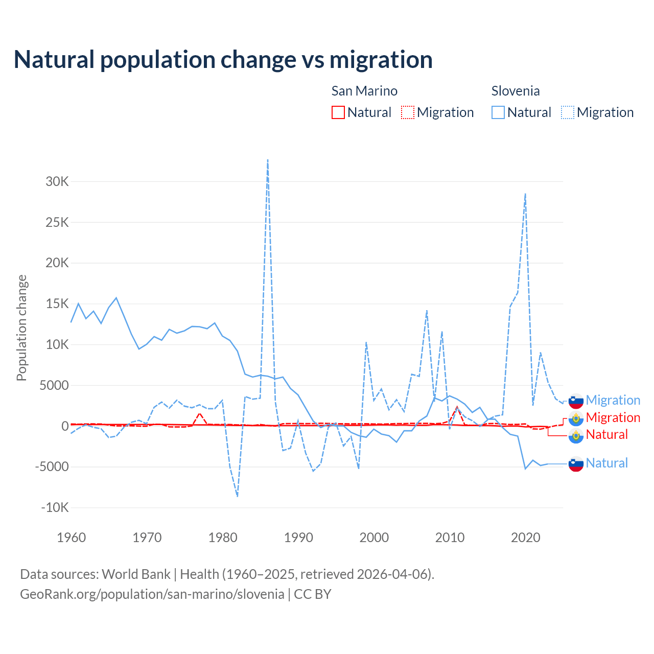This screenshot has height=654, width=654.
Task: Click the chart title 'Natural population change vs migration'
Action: (223, 59)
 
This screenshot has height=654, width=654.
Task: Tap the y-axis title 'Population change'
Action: (21, 328)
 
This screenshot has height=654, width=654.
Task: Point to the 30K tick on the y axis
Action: (57, 181)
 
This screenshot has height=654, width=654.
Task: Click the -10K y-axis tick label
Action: (55, 507)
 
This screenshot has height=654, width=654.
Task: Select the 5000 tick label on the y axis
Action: (54, 385)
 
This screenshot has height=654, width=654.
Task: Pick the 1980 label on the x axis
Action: (223, 538)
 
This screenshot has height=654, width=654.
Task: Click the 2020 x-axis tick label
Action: (525, 538)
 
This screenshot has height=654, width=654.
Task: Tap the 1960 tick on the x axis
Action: (72, 538)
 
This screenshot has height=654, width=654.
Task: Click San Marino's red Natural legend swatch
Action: (338, 112)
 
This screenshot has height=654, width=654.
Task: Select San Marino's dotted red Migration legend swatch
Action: (408, 112)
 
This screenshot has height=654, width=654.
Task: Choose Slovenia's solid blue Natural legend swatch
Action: (498, 112)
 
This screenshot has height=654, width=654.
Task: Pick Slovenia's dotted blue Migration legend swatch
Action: (568, 112)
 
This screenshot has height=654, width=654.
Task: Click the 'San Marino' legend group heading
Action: (364, 91)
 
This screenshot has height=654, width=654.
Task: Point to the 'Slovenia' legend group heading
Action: (516, 91)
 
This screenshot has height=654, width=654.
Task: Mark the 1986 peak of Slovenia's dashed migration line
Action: (268, 160)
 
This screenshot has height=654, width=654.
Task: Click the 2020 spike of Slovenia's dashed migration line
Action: (525, 194)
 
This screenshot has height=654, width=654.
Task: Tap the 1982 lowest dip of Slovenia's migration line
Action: (238, 496)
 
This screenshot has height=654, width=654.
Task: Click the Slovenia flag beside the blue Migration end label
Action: (576, 401)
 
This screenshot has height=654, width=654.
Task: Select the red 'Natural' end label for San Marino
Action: (606, 435)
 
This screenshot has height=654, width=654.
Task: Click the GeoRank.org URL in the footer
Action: (152, 594)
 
